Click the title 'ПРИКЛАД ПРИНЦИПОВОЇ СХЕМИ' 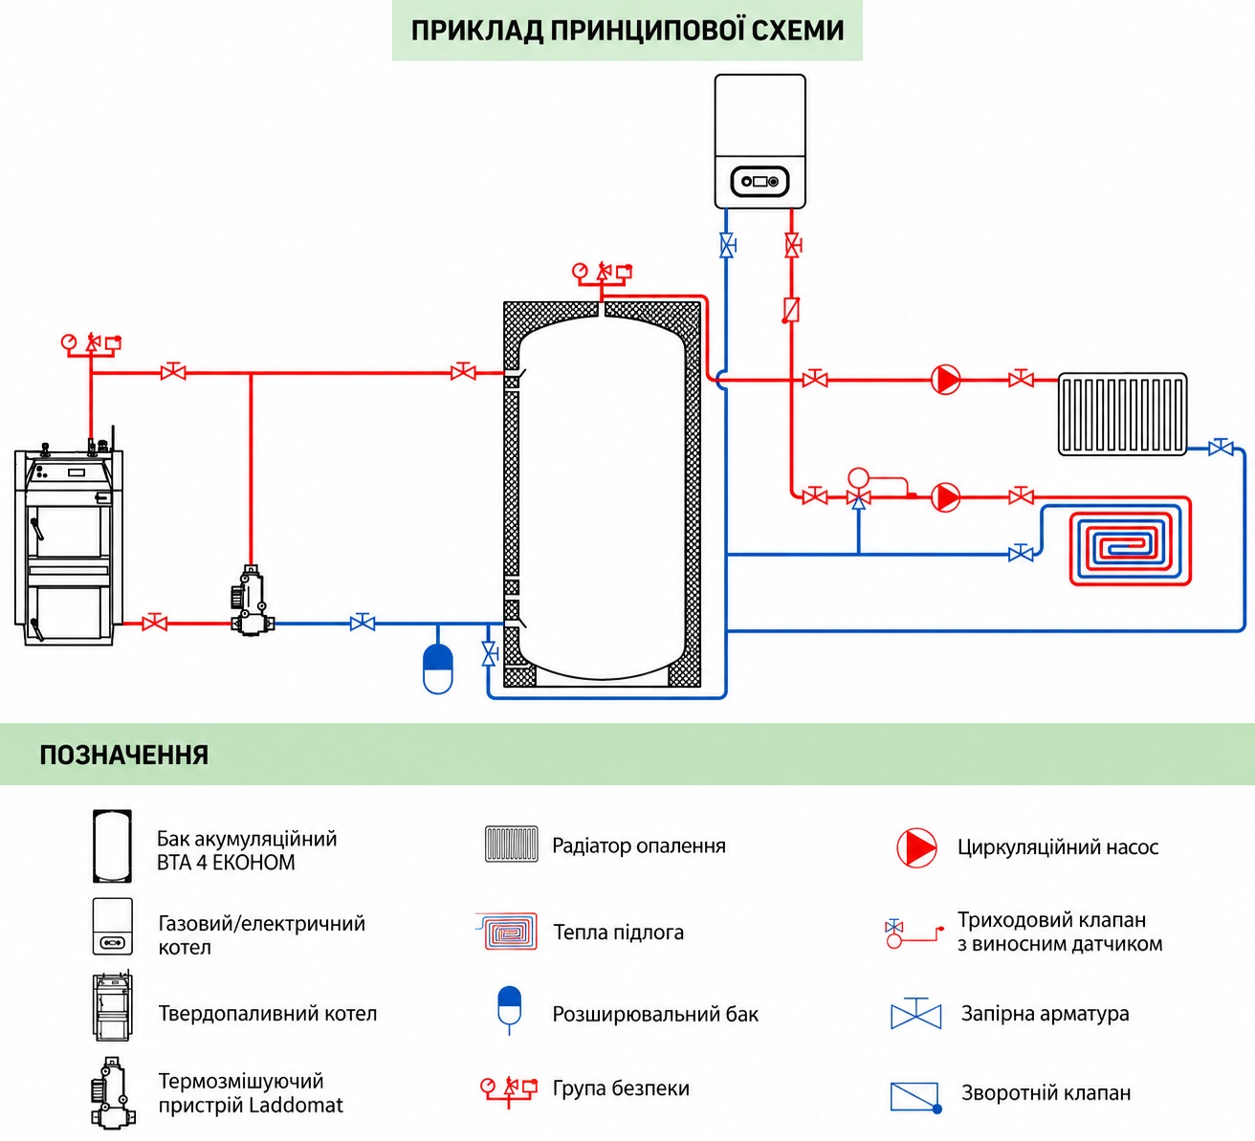[627, 31]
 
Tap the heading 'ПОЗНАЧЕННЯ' [123, 755]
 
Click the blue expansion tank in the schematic [438, 669]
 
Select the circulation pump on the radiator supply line [945, 379]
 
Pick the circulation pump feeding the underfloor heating [945, 497]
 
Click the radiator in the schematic [1122, 413]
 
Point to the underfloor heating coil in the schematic [1130, 541]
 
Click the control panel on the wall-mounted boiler [760, 182]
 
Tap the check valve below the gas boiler [791, 310]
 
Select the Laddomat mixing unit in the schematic [252, 601]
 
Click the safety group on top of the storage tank [602, 275]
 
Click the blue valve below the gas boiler [726, 246]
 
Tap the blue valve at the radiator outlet [1220, 448]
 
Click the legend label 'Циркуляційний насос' [1058, 847]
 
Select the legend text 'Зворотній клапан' [1046, 1093]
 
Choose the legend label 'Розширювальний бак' [655, 1014]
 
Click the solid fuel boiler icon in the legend [112, 1006]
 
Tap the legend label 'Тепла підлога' [618, 933]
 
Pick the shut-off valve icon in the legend [916, 1014]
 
